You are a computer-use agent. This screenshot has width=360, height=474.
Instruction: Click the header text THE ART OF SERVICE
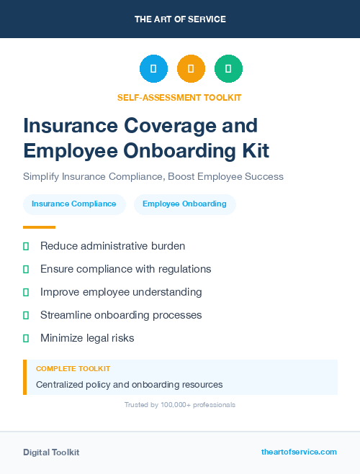(x=180, y=19)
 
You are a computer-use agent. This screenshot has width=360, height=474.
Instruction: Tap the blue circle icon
(x=153, y=69)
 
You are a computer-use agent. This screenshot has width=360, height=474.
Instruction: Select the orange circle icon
(x=191, y=69)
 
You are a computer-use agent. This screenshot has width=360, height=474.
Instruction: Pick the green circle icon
(x=228, y=69)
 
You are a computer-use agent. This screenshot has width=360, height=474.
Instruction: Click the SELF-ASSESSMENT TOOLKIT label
(x=179, y=97)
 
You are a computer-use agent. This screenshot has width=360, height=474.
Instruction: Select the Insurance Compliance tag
(x=74, y=204)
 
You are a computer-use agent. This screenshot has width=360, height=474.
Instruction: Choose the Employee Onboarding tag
(x=184, y=204)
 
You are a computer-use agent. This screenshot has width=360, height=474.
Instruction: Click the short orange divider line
(x=39, y=227)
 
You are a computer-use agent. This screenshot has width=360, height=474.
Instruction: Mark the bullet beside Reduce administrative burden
(x=26, y=246)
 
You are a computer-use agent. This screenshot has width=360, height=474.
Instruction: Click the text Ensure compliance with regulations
(x=125, y=269)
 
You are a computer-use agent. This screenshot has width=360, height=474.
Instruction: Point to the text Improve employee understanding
(x=121, y=292)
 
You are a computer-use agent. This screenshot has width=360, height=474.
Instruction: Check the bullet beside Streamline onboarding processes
(x=26, y=315)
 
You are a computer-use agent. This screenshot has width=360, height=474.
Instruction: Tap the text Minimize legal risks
(x=87, y=338)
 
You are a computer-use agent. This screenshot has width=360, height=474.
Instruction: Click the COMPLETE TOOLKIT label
(x=73, y=369)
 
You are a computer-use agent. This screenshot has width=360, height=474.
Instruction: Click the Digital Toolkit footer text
(x=51, y=452)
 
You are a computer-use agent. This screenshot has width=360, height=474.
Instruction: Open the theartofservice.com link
(x=299, y=452)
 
